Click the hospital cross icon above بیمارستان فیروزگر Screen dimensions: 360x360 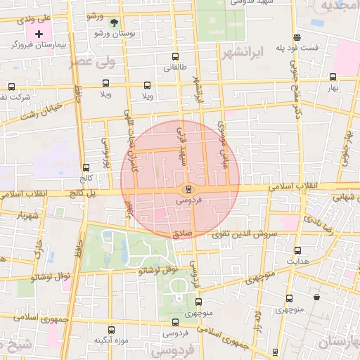[39, 33]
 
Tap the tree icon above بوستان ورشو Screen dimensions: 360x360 [114, 22]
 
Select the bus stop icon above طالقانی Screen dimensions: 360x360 [174, 58]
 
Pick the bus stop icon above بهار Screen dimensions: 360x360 [332, 77]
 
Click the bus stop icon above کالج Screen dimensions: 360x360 [86, 168]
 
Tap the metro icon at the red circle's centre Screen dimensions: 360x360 [188, 189]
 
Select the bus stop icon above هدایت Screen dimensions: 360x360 [297, 250]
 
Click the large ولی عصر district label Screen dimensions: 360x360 [91, 62]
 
